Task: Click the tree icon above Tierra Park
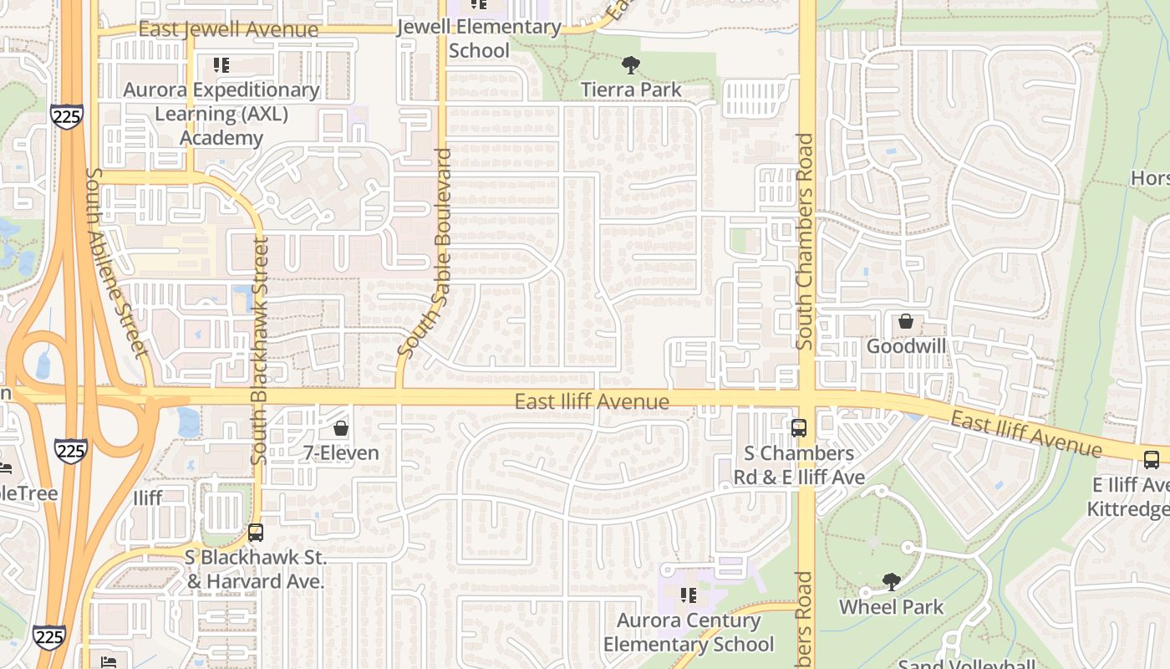[x=631, y=64]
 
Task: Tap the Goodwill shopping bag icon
[x=905, y=321]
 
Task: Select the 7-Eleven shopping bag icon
[x=340, y=429]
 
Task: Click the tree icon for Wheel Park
[x=892, y=582]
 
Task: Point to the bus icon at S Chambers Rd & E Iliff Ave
[x=799, y=428]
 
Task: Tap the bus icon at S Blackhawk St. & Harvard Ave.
[x=256, y=533]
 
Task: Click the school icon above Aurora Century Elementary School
[x=689, y=595]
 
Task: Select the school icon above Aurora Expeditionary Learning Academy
[x=221, y=64]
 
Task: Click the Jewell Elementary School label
[x=479, y=38]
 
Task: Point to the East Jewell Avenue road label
[x=228, y=29]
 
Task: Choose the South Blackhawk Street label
[x=259, y=351]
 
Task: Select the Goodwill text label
[x=905, y=345]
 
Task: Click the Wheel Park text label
[x=892, y=607]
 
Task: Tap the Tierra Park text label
[x=631, y=89]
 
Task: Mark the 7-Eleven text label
[x=340, y=453]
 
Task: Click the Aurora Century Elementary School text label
[x=689, y=632]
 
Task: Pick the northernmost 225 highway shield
[x=65, y=115]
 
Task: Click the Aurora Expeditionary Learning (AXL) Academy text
[x=221, y=114]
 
